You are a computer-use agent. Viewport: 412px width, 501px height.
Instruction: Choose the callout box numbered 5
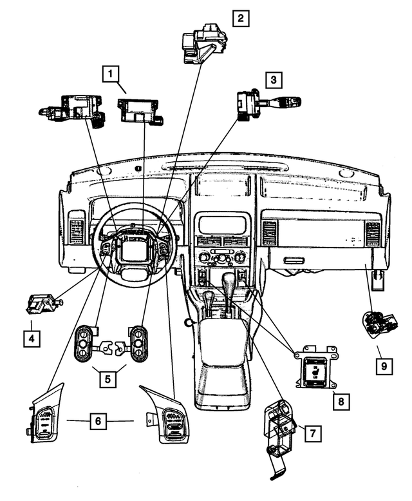point(108,378)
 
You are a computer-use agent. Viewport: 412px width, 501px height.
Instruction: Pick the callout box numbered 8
point(340,400)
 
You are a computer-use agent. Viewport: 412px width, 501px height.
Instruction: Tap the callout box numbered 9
point(384,366)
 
